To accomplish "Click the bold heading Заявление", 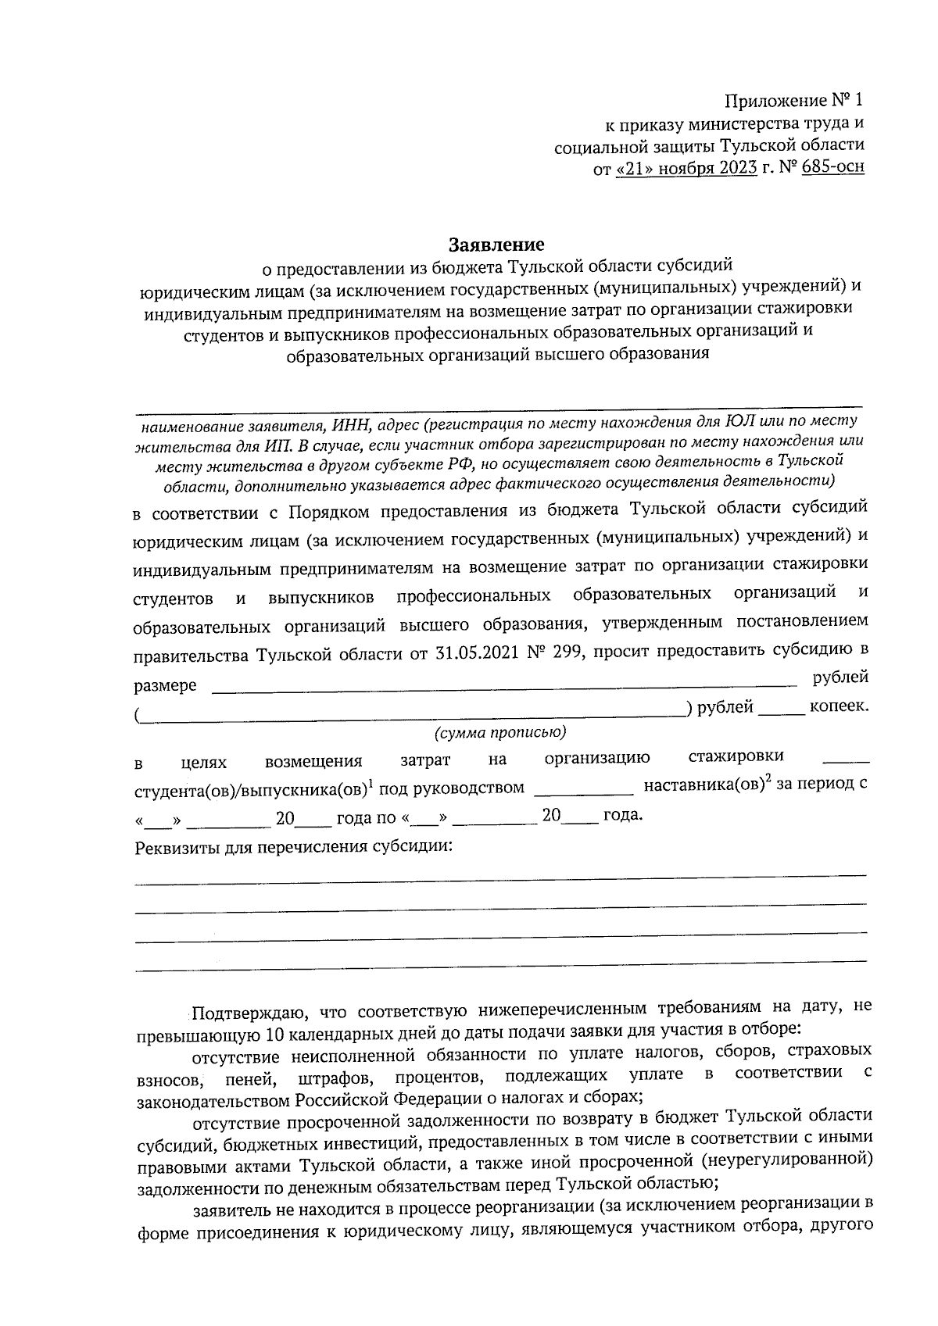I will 496,244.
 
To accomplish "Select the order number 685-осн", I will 831,167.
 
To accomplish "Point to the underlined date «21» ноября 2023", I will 686,167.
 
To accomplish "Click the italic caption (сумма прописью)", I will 499,732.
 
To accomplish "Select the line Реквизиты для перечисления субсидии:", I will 294,847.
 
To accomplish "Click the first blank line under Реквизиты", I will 500,880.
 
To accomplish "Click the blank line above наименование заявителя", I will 500,405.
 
